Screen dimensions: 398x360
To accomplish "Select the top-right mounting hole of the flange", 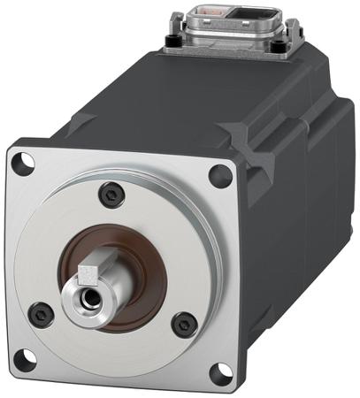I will [220, 174].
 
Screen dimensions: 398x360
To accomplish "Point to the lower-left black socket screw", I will [41, 311].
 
